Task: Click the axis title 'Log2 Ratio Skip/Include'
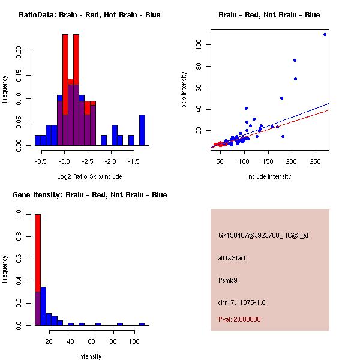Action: point(89,176)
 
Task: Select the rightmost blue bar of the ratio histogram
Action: point(142,130)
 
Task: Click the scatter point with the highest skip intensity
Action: point(325,34)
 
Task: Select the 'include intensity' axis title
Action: point(269,176)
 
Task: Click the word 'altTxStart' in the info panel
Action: point(232,258)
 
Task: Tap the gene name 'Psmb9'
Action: point(228,280)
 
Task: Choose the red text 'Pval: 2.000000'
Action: point(239,319)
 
